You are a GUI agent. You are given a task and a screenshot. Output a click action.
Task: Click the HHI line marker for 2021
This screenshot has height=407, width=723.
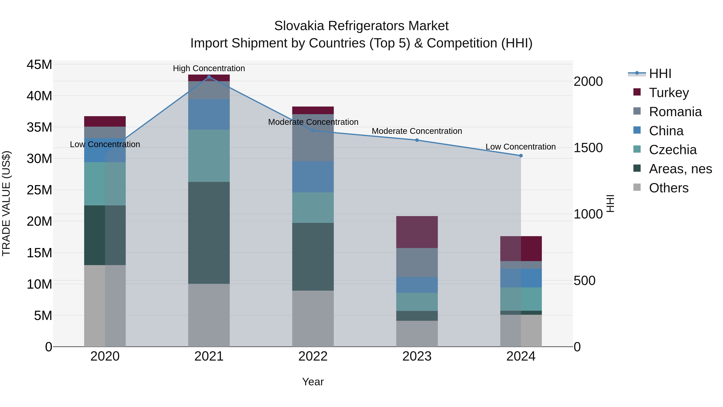(209, 77)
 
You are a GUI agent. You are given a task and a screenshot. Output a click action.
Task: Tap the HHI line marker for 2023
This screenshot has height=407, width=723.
(417, 140)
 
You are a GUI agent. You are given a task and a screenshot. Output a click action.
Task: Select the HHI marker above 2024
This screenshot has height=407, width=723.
(521, 156)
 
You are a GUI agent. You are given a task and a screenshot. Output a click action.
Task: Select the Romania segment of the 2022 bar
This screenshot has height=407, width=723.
(313, 138)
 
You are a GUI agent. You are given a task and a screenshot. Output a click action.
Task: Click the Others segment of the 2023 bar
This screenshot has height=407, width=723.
(417, 333)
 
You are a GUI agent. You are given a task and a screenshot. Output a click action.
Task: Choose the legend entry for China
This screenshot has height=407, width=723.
(666, 131)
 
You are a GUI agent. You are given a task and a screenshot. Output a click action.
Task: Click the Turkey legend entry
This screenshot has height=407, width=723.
(669, 93)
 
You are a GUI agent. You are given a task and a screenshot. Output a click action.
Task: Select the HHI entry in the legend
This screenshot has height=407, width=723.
(660, 74)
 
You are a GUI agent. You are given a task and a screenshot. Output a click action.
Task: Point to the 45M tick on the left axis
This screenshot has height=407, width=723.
(39, 65)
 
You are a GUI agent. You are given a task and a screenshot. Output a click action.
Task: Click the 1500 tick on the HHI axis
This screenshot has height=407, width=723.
(588, 148)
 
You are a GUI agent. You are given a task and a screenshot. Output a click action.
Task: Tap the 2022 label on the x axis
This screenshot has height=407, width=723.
(313, 356)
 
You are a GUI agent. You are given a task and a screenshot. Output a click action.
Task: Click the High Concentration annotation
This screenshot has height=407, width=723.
(209, 68)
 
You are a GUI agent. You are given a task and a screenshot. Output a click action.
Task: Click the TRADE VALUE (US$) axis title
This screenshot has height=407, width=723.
(6, 203)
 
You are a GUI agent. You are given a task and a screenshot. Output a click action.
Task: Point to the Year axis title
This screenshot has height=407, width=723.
(313, 382)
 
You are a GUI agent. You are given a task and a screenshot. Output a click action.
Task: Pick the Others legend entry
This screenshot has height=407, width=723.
(669, 188)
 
